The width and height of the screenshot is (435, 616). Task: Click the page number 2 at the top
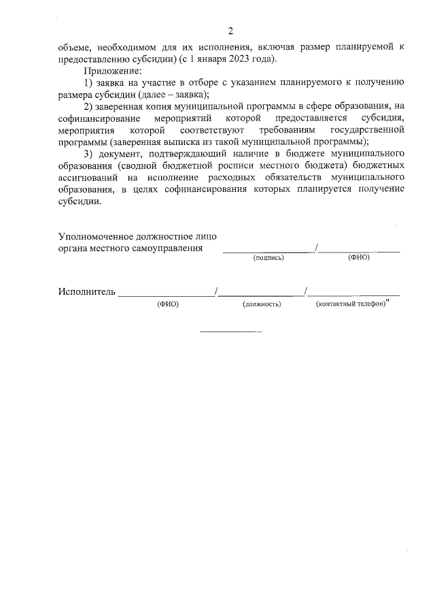click(230, 31)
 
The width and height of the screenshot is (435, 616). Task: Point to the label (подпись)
click(268, 258)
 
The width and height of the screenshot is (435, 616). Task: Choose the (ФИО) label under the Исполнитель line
click(167, 304)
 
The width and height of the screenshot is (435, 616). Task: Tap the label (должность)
click(261, 304)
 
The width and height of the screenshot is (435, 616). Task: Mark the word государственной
click(366, 129)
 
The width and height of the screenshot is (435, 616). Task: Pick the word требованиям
click(283, 129)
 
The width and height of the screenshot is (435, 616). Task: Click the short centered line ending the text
click(230, 331)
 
